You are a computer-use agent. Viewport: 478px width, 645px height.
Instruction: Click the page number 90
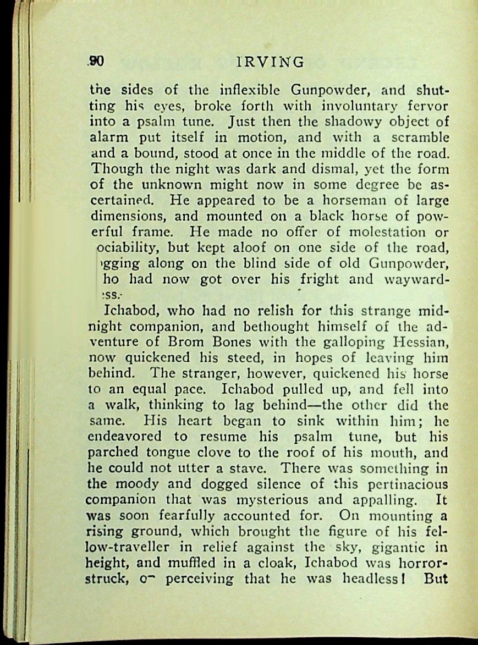(x=97, y=61)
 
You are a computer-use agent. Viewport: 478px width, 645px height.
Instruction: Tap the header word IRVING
(x=269, y=62)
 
